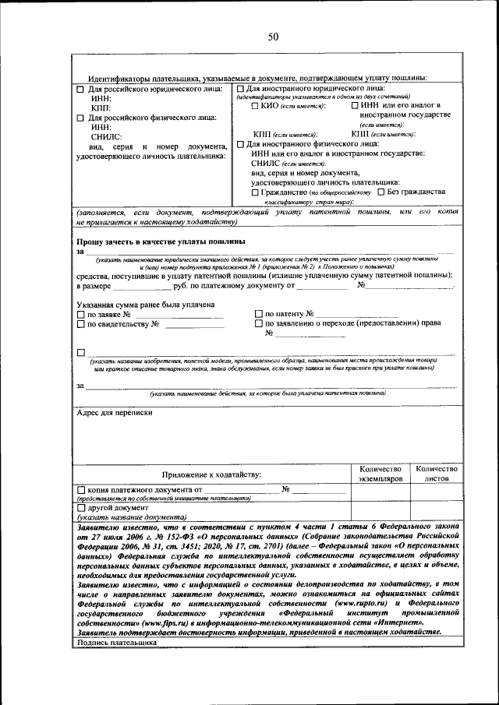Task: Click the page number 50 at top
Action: pyautogui.click(x=273, y=37)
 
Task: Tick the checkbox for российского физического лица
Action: pyautogui.click(x=80, y=118)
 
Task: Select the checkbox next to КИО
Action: pyautogui.click(x=255, y=106)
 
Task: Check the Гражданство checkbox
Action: pyautogui.click(x=255, y=192)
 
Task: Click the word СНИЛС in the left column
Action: pyautogui.click(x=106, y=136)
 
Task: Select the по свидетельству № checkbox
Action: pyautogui.click(x=80, y=324)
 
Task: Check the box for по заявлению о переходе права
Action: pyautogui.click(x=259, y=324)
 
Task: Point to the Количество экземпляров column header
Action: pyautogui.click(x=380, y=474)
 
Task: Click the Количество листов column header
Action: pyautogui.click(x=436, y=474)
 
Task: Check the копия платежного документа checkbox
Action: pyautogui.click(x=80, y=490)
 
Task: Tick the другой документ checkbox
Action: pyautogui.click(x=80, y=508)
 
